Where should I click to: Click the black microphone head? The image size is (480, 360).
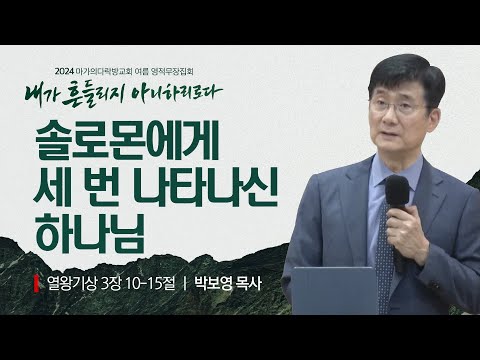(x=397, y=192)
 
